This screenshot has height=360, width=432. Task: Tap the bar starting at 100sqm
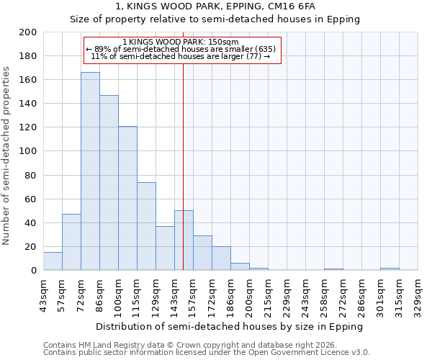click(127, 198)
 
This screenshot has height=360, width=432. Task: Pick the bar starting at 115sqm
click(146, 226)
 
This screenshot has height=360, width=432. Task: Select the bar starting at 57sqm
click(71, 242)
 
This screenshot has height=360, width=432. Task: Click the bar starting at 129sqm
click(165, 248)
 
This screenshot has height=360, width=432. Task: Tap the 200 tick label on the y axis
click(28, 32)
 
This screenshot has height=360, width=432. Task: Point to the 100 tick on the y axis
click(28, 151)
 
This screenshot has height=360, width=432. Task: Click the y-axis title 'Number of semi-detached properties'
click(7, 156)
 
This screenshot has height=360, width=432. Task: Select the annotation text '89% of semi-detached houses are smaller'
click(181, 49)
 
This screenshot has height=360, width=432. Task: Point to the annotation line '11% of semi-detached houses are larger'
click(181, 56)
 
